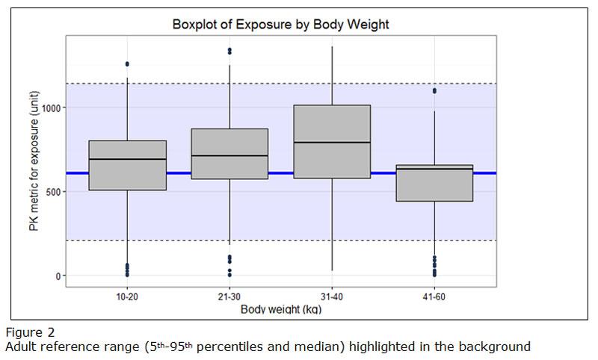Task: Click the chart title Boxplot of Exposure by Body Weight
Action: tap(281, 25)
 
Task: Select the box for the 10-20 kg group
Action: tap(128, 165)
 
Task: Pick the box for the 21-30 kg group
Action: tap(230, 154)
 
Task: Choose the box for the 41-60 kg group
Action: tap(435, 183)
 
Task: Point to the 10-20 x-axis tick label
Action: tap(128, 297)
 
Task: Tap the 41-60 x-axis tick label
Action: tap(435, 297)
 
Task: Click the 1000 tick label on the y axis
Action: tap(51, 108)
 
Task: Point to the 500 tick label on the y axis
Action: tap(54, 191)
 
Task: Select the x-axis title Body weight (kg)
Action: tap(281, 309)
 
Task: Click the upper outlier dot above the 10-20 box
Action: tap(128, 64)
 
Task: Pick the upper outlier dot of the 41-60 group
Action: tap(435, 91)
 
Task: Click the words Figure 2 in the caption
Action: tap(26, 333)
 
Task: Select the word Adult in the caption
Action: tap(21, 347)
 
